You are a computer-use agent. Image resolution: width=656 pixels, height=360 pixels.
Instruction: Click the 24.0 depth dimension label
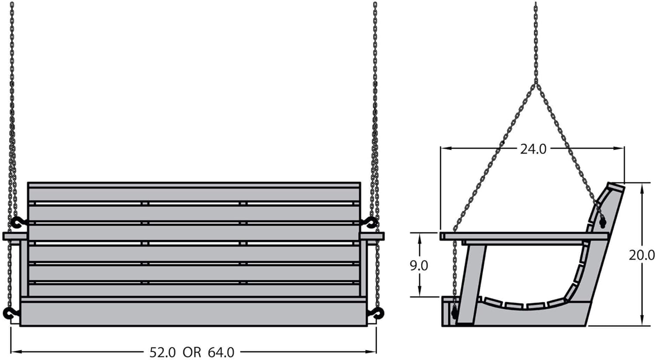click(x=533, y=149)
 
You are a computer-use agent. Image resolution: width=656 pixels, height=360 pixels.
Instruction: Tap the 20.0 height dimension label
click(x=642, y=255)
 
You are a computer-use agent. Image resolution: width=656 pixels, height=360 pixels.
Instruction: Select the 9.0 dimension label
click(x=419, y=266)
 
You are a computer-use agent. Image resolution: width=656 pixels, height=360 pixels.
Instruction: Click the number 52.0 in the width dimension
click(x=163, y=352)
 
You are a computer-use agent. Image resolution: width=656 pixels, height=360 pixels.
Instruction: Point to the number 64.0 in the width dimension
click(x=221, y=352)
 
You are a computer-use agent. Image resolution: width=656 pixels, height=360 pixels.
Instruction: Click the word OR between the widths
click(x=192, y=352)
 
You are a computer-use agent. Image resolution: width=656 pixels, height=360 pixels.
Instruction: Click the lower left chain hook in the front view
click(x=10, y=314)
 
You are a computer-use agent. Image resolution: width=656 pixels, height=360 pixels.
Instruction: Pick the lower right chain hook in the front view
click(x=376, y=314)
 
